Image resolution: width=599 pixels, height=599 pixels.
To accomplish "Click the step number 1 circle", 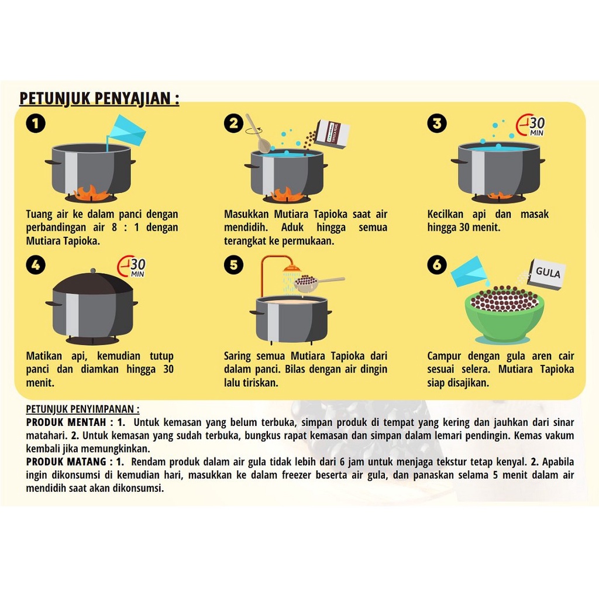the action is (x=36, y=124).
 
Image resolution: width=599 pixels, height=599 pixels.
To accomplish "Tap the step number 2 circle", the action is (x=234, y=123).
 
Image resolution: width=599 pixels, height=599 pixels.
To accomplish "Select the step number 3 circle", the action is (x=437, y=123).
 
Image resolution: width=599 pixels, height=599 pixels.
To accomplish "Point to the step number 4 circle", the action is (x=36, y=265).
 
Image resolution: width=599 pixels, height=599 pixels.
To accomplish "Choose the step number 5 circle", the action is (x=234, y=265).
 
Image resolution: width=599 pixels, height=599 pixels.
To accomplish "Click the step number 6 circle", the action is (x=437, y=265).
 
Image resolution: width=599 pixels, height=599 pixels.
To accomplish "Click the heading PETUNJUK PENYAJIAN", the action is (x=99, y=98).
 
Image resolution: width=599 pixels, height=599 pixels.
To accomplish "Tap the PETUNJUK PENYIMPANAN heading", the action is (x=82, y=409).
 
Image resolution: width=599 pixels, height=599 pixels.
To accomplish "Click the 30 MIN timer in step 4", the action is (x=132, y=266).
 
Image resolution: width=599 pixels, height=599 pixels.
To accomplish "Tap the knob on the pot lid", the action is (x=93, y=271).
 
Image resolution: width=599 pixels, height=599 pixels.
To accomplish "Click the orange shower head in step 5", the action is (x=291, y=268).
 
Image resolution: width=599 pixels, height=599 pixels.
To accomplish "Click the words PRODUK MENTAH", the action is (x=66, y=422).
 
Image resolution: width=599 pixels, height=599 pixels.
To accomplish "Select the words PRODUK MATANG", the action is (x=66, y=462).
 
